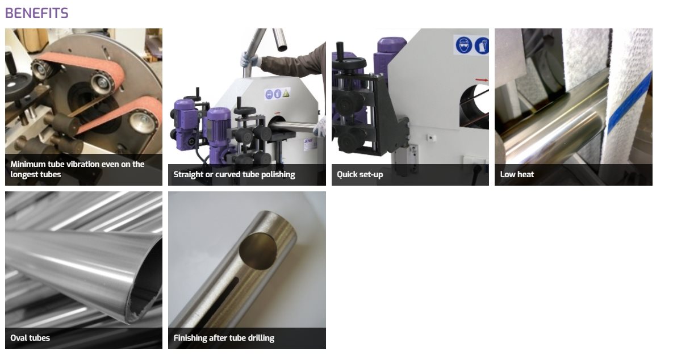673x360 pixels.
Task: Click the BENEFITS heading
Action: [x=36, y=13]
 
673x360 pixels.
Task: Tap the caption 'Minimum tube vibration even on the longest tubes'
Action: [x=77, y=169]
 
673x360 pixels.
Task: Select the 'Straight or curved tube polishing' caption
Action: [x=234, y=175]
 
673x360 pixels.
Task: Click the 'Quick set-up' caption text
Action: [x=360, y=175]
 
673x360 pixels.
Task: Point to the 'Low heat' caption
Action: [x=517, y=175]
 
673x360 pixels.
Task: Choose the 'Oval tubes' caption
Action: [x=30, y=338]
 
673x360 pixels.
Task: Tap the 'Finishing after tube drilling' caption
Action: [x=224, y=338]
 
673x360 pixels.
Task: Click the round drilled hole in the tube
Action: [x=258, y=251]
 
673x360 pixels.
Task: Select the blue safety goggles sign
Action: [x=464, y=45]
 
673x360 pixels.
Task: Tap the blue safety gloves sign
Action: [x=482, y=45]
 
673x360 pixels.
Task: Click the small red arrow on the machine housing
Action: [x=482, y=80]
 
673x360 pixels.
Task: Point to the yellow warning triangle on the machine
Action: [x=286, y=93]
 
